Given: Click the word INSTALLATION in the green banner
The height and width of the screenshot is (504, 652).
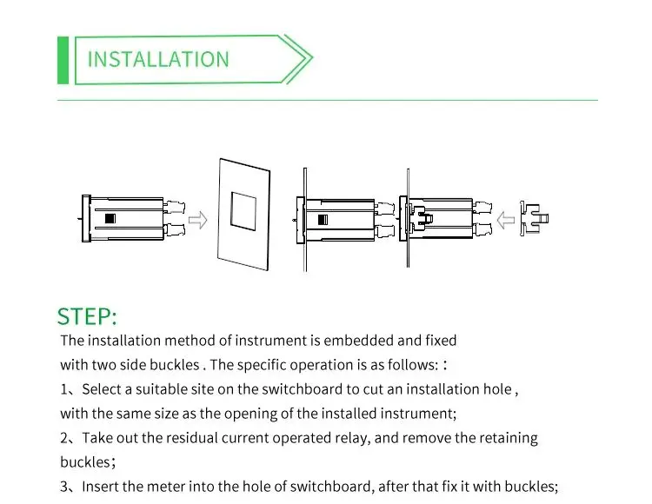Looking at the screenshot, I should click(x=158, y=59).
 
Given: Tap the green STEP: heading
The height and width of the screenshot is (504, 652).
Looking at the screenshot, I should click(x=86, y=315).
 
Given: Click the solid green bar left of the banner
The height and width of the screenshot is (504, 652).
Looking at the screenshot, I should click(x=63, y=60).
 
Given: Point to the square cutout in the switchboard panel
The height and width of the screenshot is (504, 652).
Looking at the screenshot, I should click(x=243, y=213).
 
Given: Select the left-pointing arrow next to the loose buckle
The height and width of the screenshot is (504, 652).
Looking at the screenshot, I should click(x=503, y=218).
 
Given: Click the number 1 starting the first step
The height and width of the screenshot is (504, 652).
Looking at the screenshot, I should click(x=64, y=389).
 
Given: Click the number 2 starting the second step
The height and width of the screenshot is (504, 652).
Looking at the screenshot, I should click(x=64, y=438).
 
